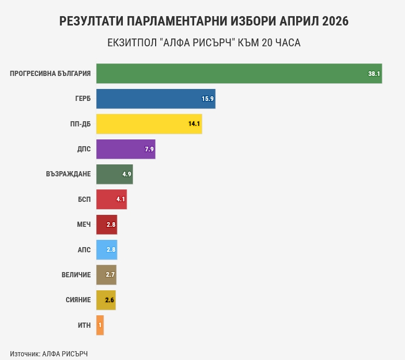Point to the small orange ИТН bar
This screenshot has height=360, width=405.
click(100, 325)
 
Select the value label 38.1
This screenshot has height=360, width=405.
click(374, 74)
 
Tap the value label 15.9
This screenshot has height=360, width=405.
click(208, 99)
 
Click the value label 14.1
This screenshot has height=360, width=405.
click(194, 124)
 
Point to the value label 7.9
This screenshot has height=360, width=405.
click(149, 149)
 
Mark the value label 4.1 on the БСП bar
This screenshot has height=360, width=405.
click(121, 199)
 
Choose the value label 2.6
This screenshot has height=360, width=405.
click(110, 300)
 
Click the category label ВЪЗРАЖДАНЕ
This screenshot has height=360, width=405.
click(68, 174)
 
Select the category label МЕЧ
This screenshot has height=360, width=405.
click(83, 225)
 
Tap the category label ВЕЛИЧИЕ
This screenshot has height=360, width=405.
click(76, 275)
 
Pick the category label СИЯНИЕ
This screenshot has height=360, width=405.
click(78, 300)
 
